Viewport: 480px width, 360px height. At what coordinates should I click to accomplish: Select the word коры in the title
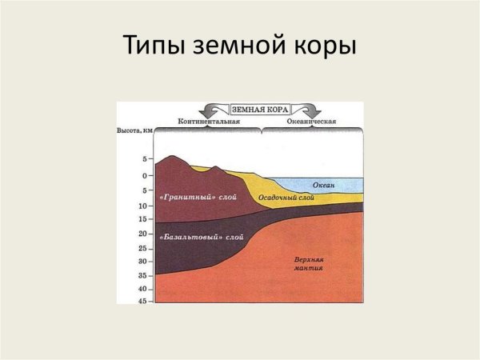(322, 47)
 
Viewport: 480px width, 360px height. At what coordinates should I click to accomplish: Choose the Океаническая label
(311, 121)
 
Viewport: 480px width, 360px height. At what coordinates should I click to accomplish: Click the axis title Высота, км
(135, 130)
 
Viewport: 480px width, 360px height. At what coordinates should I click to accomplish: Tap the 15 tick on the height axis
(143, 218)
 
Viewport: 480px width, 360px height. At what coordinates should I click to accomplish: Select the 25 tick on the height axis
(143, 248)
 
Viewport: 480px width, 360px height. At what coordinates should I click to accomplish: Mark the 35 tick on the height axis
(143, 275)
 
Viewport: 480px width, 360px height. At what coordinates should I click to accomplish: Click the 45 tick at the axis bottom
(143, 301)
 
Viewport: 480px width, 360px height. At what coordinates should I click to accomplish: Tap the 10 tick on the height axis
(143, 205)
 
